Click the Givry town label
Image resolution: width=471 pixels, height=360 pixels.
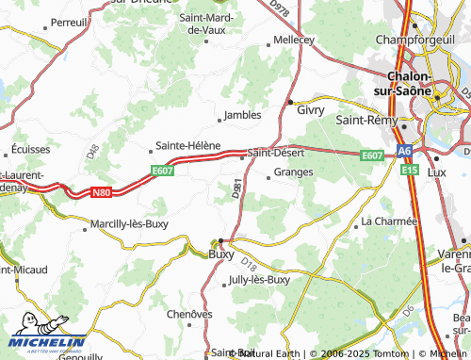point(311,110)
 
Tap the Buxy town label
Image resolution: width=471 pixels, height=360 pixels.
point(221,254)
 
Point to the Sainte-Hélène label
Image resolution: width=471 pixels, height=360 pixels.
point(187,146)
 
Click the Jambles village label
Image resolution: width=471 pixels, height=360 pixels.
point(242,116)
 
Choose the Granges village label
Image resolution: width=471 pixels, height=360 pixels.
point(294,172)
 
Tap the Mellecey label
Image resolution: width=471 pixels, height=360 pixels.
point(293,40)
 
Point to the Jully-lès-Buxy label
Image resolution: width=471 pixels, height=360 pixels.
point(258,280)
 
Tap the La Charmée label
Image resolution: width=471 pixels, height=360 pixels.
point(389,221)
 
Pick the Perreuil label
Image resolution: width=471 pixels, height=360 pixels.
point(69,22)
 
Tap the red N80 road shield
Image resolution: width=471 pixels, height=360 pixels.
point(102,192)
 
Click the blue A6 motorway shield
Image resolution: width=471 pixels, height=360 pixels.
point(404,150)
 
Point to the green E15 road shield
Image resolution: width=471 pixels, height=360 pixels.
point(410,170)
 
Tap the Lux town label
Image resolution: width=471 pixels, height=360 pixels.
point(436,172)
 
